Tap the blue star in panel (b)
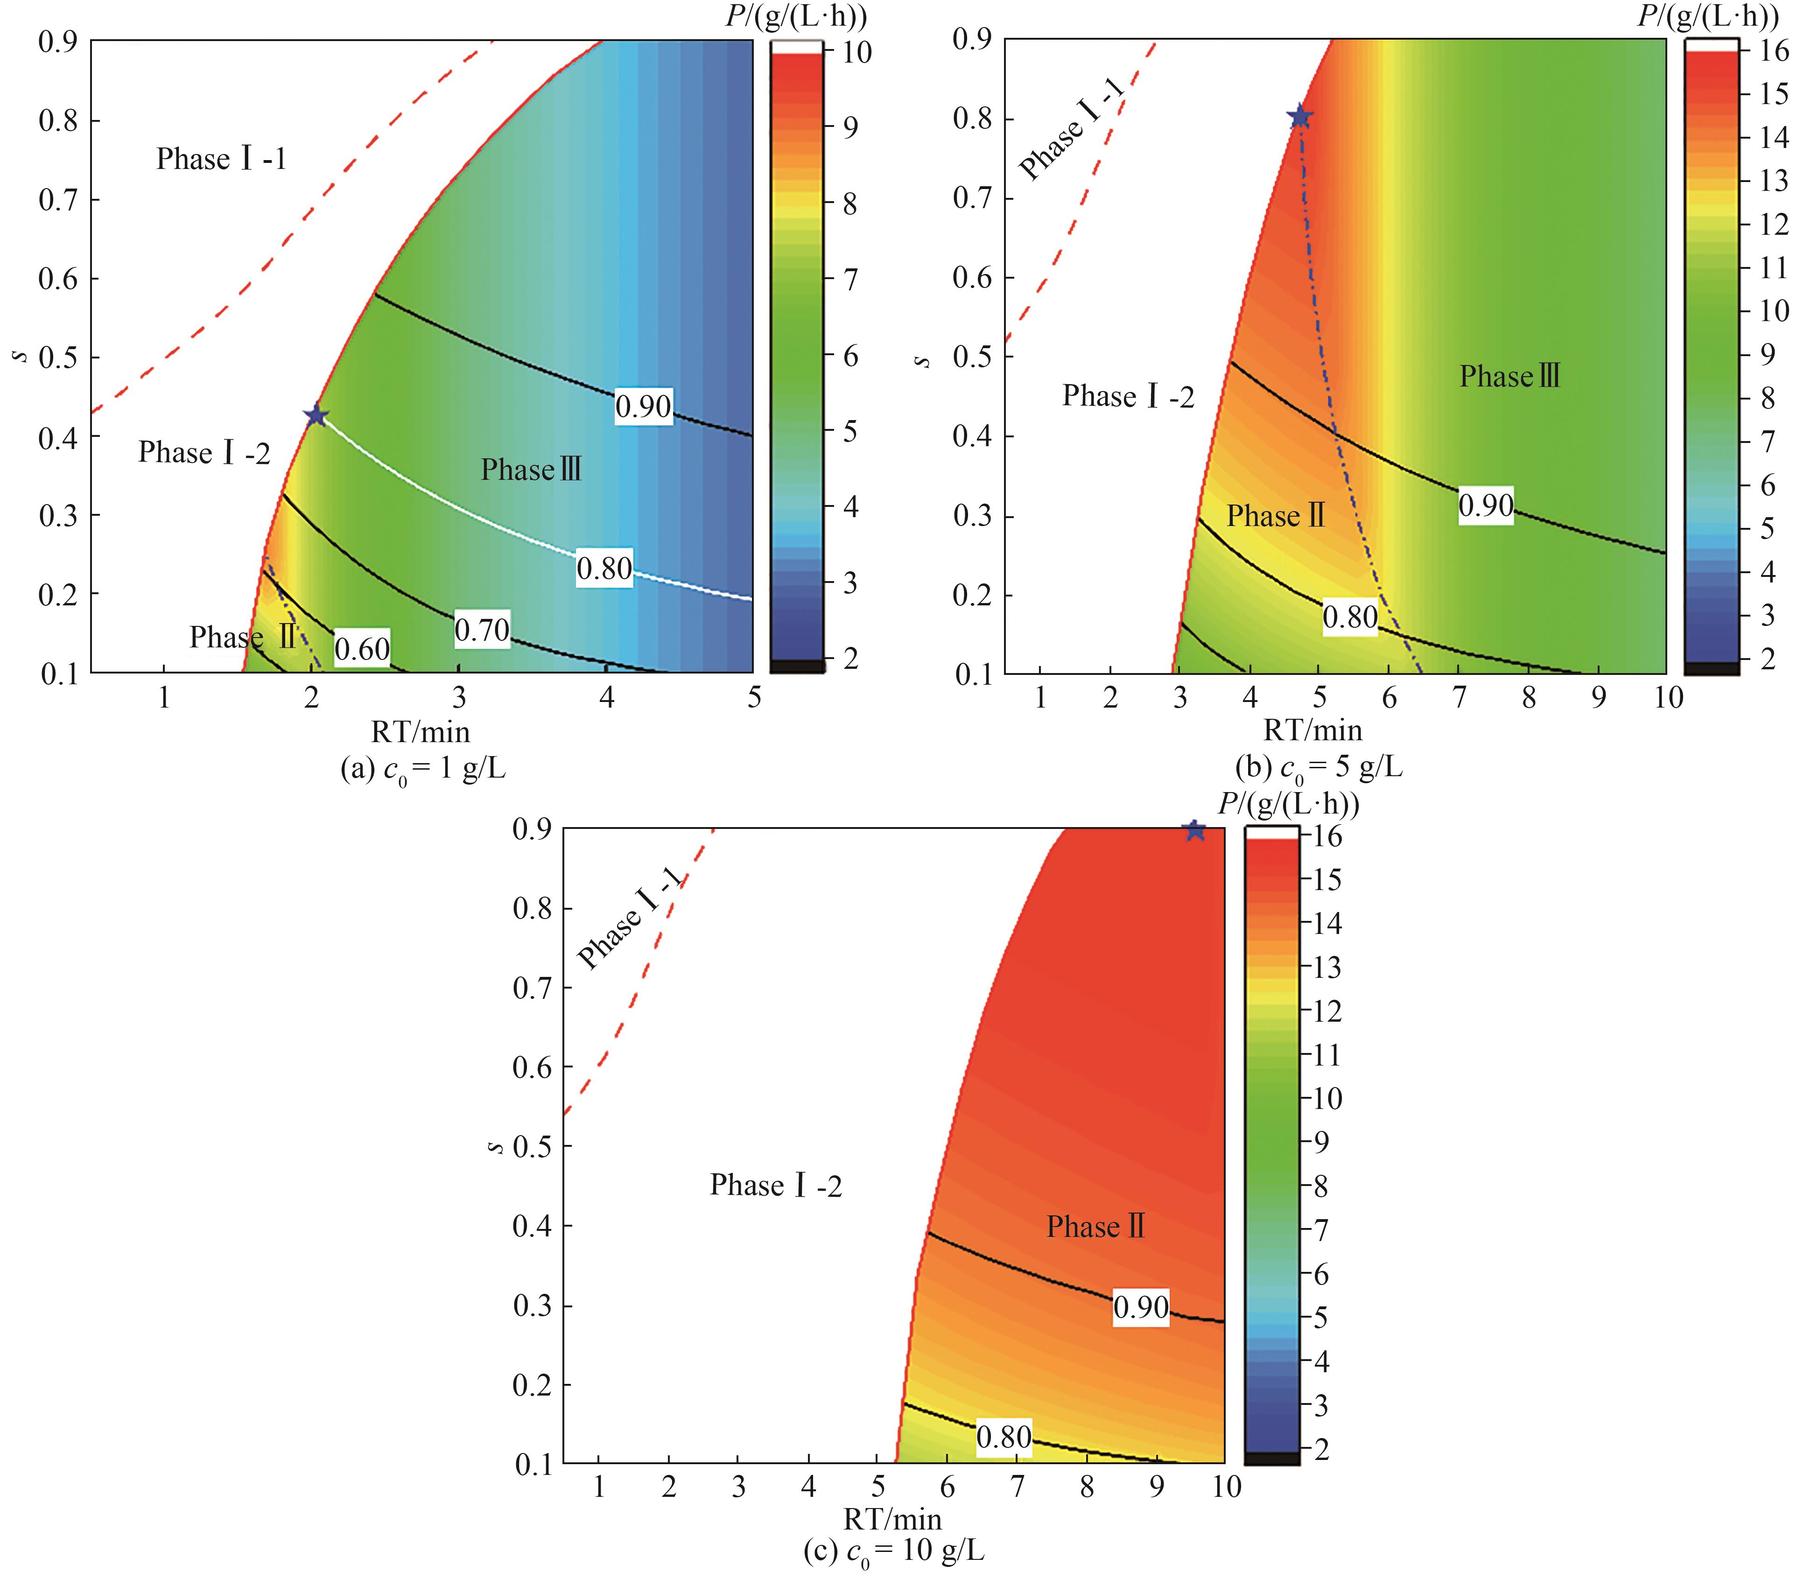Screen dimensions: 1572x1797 (x=1300, y=117)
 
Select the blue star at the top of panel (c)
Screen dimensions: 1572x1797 (x=1193, y=830)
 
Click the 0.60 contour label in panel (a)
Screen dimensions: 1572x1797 (x=361, y=649)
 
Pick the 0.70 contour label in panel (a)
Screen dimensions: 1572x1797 (x=482, y=630)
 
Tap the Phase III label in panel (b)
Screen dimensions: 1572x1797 (x=1509, y=376)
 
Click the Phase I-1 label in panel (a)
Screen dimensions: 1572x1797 (x=221, y=159)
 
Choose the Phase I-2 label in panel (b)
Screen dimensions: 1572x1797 (x=1128, y=397)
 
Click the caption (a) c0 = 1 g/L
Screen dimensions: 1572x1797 (x=423, y=769)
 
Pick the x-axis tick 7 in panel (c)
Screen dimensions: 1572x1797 (x=1017, y=1487)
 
